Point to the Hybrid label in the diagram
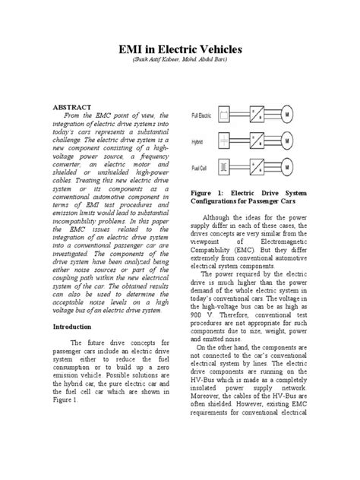click(195, 141)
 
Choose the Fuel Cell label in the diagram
click(197, 167)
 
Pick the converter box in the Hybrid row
click(262, 142)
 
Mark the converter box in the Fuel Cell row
click(262, 169)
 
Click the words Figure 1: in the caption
click(204, 195)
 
